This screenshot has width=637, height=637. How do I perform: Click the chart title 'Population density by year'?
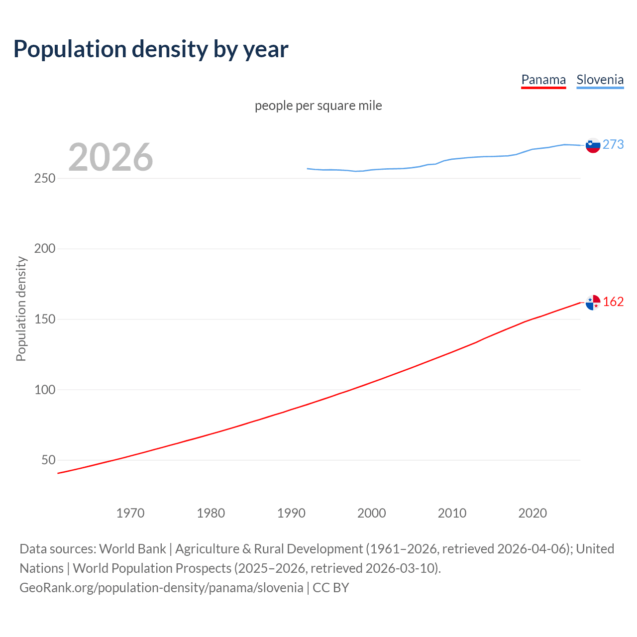click(151, 49)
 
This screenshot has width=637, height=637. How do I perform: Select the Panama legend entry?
click(543, 80)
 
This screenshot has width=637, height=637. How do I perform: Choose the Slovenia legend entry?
click(600, 80)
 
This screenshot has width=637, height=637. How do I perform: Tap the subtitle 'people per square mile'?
click(318, 106)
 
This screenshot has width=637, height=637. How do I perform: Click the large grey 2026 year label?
click(110, 157)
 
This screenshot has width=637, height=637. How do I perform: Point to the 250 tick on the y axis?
click(45, 178)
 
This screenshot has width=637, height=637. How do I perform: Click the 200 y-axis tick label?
click(45, 248)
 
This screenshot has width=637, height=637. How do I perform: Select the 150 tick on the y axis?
click(45, 319)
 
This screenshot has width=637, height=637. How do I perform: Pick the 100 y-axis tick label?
click(45, 390)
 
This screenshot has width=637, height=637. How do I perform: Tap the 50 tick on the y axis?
click(48, 460)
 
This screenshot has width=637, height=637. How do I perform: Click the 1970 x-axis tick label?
click(130, 513)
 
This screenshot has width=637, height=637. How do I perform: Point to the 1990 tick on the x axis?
click(291, 513)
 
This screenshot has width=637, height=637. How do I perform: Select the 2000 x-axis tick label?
click(372, 513)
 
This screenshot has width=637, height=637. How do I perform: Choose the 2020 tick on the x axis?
click(532, 513)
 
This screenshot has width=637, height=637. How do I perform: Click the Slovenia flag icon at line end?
click(593, 145)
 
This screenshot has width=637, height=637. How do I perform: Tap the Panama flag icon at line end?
click(593, 303)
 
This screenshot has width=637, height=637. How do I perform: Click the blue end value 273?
click(613, 144)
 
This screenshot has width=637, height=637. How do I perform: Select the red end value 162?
click(613, 302)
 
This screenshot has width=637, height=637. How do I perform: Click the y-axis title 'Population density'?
click(21, 309)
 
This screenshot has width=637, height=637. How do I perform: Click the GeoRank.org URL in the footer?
click(161, 588)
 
